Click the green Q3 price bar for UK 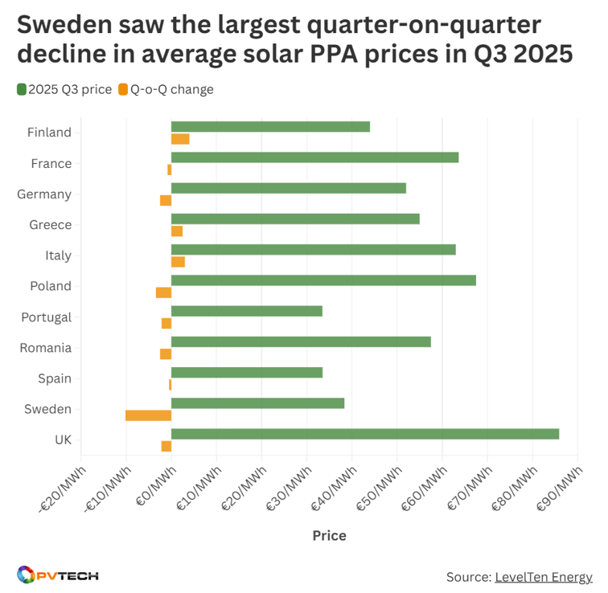365,434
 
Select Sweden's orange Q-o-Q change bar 149,415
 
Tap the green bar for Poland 323,280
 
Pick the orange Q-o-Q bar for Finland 180,139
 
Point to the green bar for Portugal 247,311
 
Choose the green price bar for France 314,157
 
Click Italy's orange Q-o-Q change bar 178,262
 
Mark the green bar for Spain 247,372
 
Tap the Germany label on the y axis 44,194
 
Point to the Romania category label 45,348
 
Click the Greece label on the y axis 50,225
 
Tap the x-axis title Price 329,536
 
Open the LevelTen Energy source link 543,577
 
